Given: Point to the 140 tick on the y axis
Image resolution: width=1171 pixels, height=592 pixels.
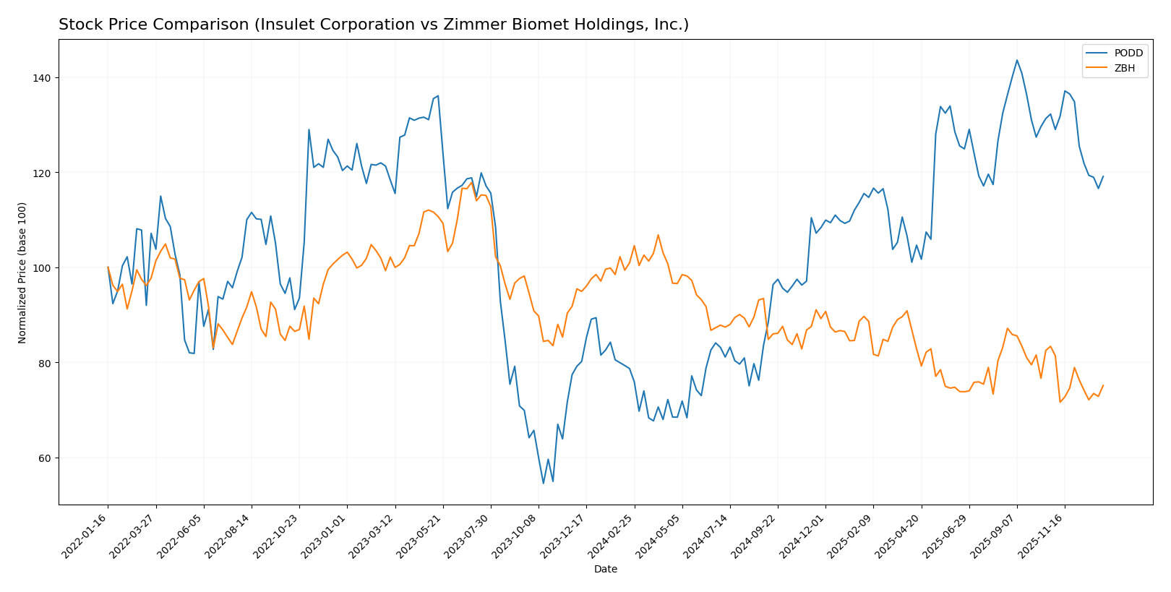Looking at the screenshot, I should [44, 78].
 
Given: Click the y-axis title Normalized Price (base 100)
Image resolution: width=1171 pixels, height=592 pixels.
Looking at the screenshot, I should [22, 273].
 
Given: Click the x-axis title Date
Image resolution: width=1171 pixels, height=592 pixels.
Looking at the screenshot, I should [605, 570].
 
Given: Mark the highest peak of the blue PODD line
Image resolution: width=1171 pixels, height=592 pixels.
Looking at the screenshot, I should [1016, 60].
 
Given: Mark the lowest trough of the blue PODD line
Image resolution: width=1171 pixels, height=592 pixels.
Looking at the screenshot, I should [543, 484].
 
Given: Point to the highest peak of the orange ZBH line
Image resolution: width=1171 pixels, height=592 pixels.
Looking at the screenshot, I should [471, 182].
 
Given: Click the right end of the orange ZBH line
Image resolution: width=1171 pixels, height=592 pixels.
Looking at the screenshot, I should [1102, 385].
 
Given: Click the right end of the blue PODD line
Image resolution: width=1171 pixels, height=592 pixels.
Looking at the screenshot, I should [1102, 176].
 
